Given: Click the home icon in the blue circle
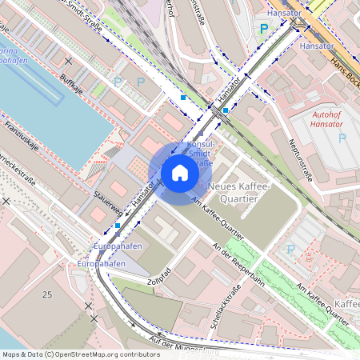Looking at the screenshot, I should (x=180, y=173).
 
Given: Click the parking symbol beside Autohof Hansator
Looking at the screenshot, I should (x=342, y=138).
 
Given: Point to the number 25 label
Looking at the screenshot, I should (x=47, y=295).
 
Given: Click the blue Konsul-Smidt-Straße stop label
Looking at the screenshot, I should (x=198, y=153).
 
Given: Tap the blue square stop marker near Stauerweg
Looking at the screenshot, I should (x=118, y=226).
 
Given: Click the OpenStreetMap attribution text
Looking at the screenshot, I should (x=70, y=354).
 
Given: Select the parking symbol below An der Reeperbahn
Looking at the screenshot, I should (x=290, y=250).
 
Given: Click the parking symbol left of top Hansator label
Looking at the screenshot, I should (x=264, y=28).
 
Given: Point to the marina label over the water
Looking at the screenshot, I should (x=16, y=54).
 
